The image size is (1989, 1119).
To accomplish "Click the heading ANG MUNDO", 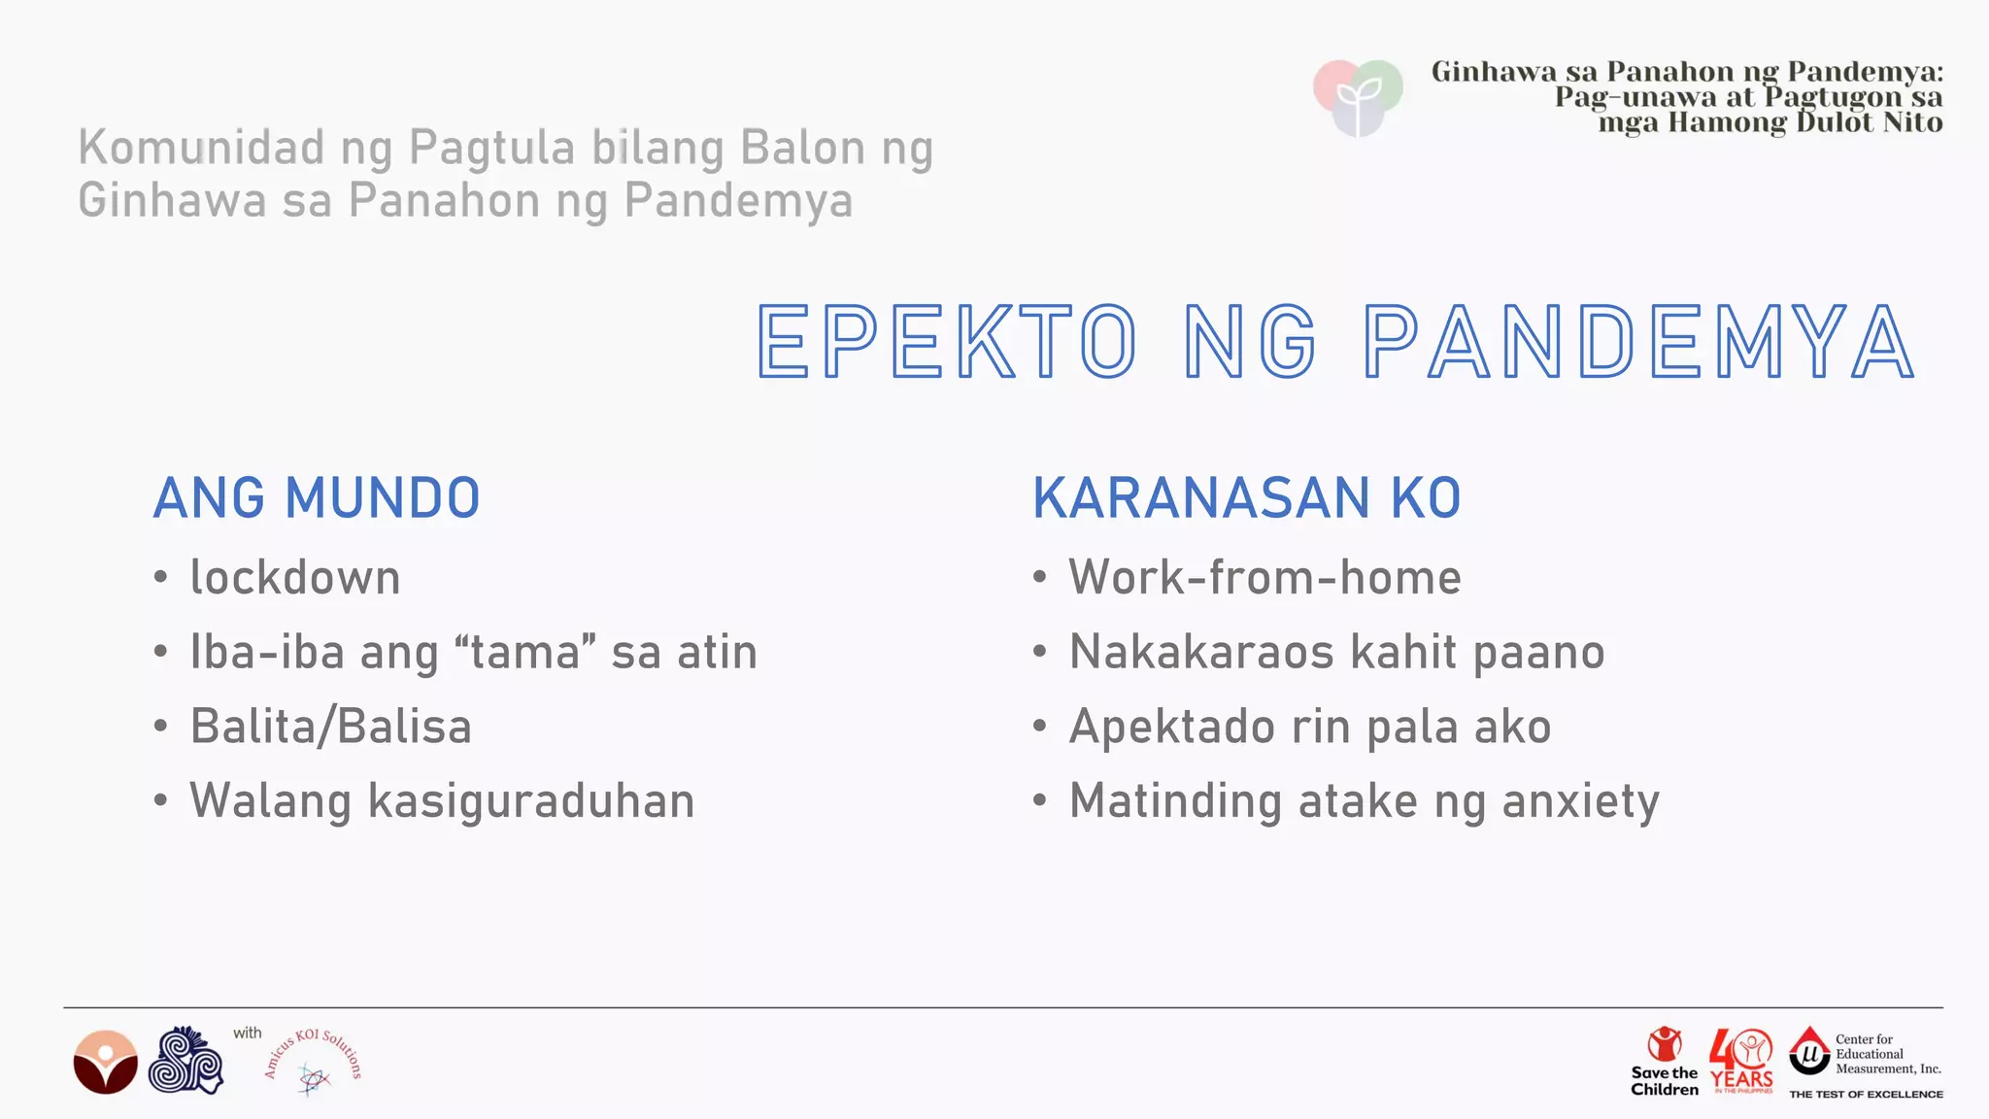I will pos(317,498).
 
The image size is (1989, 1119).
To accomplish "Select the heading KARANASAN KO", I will pos(1246,498).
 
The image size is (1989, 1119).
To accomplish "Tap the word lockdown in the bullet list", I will pos(295,578).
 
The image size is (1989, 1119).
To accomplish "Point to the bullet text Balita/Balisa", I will pos(331,727).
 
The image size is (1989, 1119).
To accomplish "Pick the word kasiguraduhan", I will pos(531,801).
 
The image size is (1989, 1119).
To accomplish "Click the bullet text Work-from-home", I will pos(1264,578).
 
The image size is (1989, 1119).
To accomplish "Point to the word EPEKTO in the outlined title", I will pos(947,342).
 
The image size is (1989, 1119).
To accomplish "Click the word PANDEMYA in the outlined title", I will pos(1639,342).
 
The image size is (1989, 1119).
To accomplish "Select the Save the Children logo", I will pos(1665,1062).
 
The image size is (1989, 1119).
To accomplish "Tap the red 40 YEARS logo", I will pos(1742,1062).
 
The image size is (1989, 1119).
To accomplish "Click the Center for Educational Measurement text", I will pos(1887,1054).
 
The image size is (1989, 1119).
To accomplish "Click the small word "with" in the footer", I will pos(247,1034).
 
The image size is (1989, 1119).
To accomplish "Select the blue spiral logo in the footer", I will pos(185,1061).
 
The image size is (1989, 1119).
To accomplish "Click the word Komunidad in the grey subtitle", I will pos(201,149).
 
